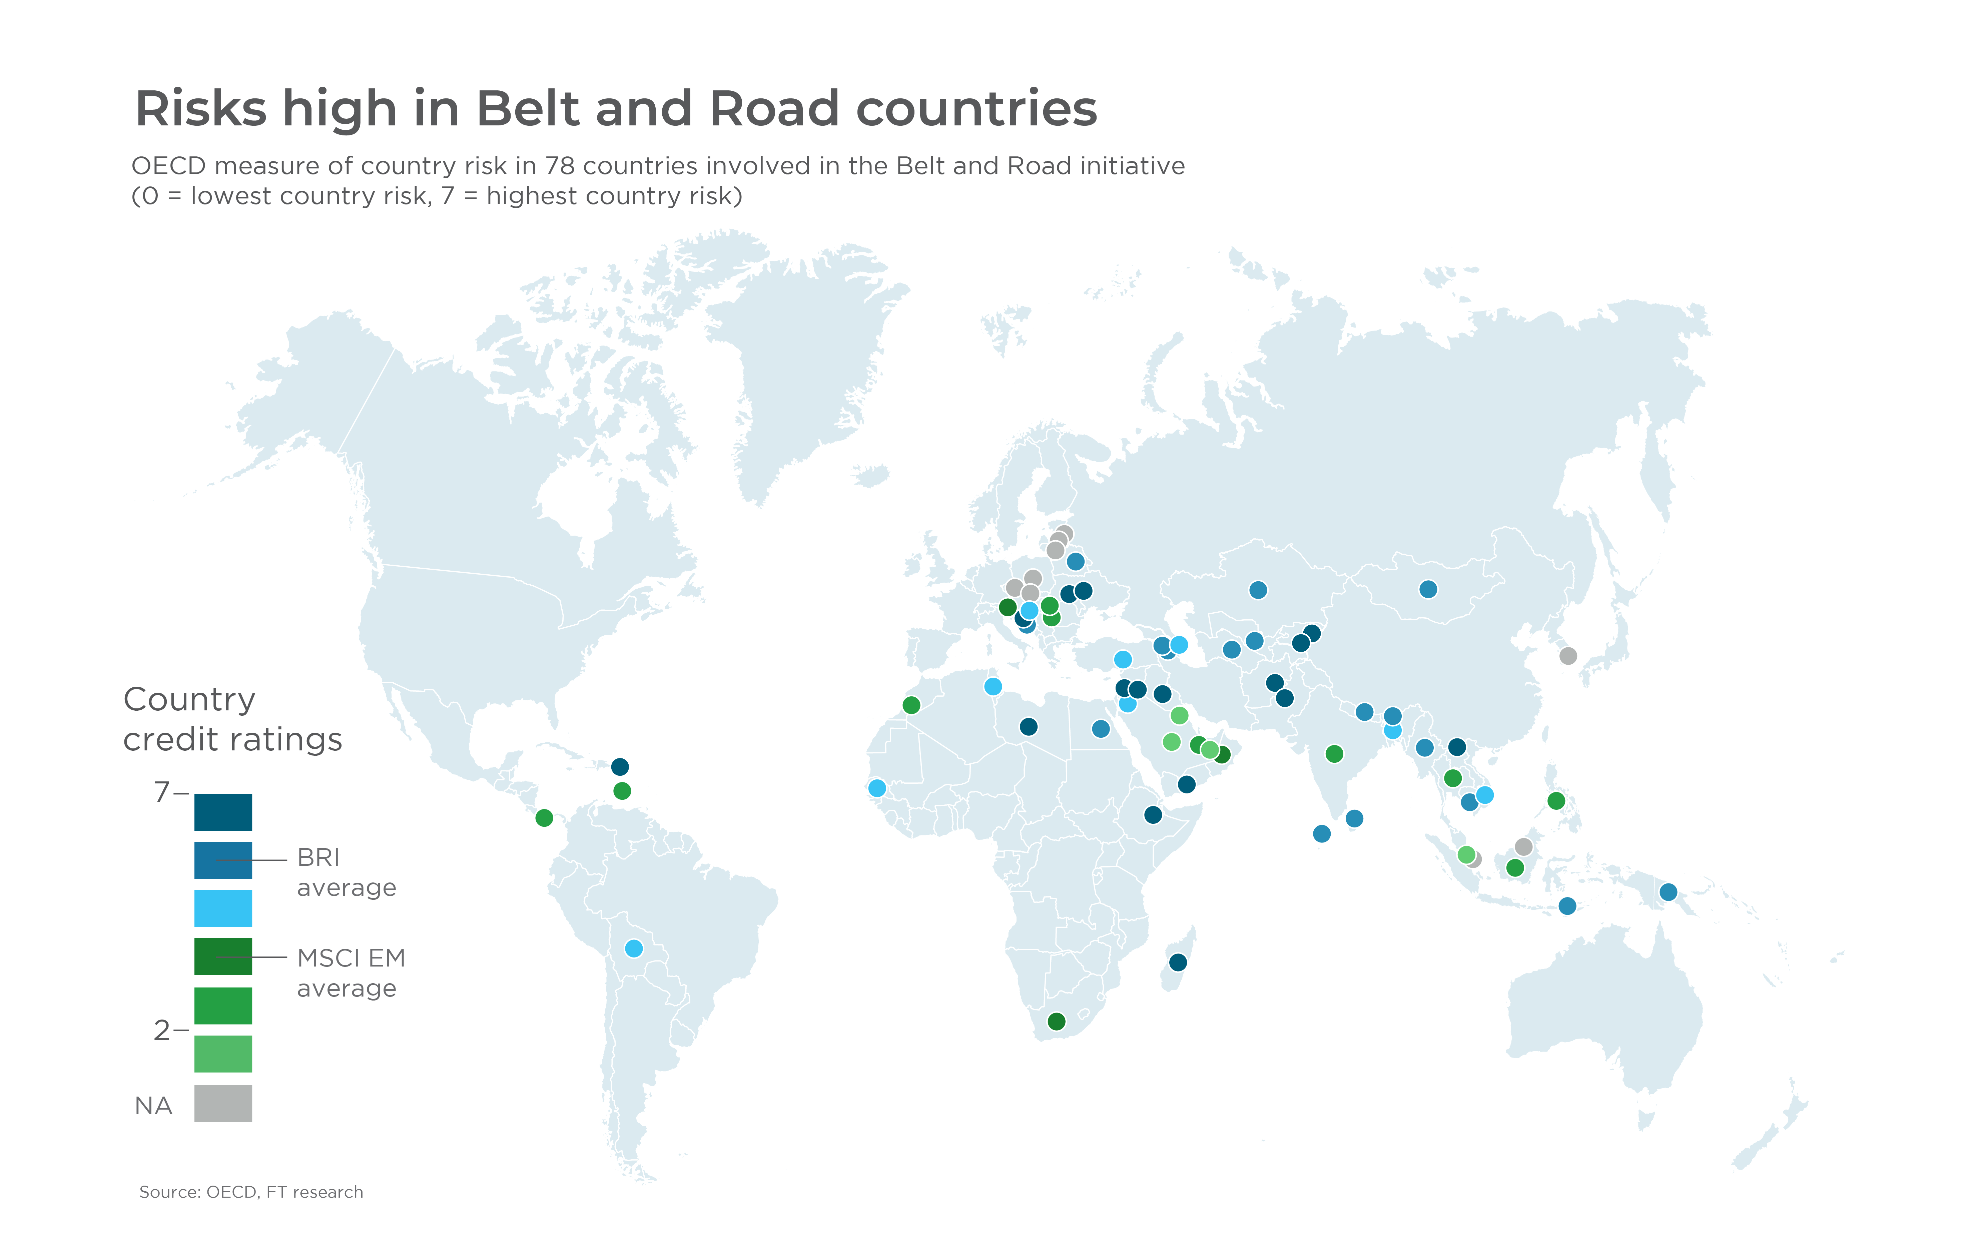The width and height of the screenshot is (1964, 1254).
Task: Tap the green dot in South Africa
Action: pyautogui.click(x=1056, y=1022)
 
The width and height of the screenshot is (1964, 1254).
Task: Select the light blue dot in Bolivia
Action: pyautogui.click(x=634, y=949)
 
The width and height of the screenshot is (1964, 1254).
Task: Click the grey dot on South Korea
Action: pyautogui.click(x=1567, y=656)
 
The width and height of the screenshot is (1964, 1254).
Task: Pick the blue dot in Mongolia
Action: pyautogui.click(x=1428, y=589)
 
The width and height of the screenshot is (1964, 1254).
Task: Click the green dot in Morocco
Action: pyautogui.click(x=912, y=705)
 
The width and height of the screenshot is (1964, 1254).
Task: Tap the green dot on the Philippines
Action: pyautogui.click(x=1556, y=801)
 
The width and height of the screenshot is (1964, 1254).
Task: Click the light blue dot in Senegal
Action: pyautogui.click(x=877, y=788)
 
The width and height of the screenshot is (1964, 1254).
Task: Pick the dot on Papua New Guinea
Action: pyautogui.click(x=1668, y=892)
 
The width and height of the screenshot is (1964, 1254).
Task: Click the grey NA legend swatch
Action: pyautogui.click(x=223, y=1103)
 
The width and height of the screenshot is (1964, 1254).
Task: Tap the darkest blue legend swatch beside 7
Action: pyautogui.click(x=223, y=812)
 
